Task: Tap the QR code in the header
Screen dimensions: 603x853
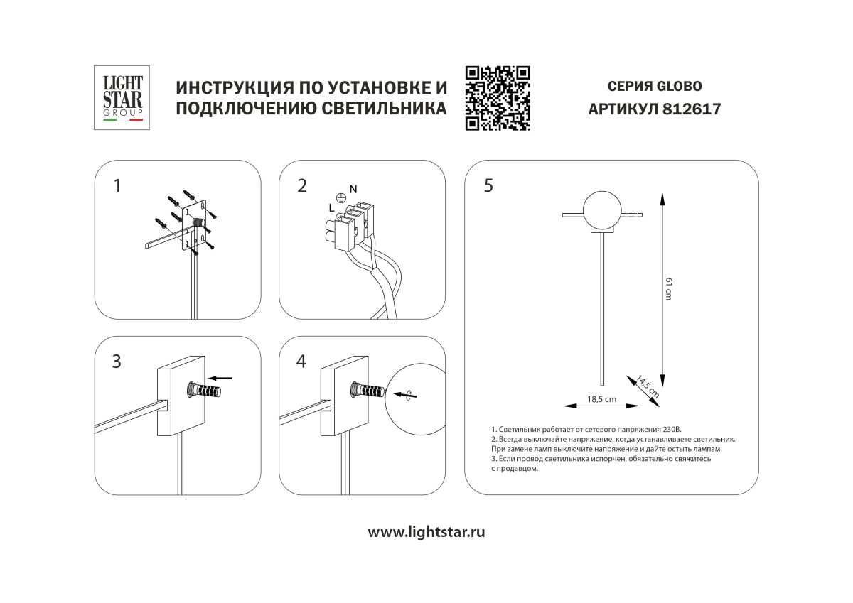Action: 498,98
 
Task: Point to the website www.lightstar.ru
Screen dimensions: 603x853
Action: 426,532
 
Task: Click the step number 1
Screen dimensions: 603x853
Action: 117,186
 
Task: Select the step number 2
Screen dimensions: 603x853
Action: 302,186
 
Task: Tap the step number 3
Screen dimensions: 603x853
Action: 117,361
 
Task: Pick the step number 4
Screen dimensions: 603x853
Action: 301,361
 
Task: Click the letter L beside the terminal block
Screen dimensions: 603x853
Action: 331,207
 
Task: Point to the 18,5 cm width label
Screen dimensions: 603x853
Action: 601,399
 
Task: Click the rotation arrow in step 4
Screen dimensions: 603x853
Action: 404,394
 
